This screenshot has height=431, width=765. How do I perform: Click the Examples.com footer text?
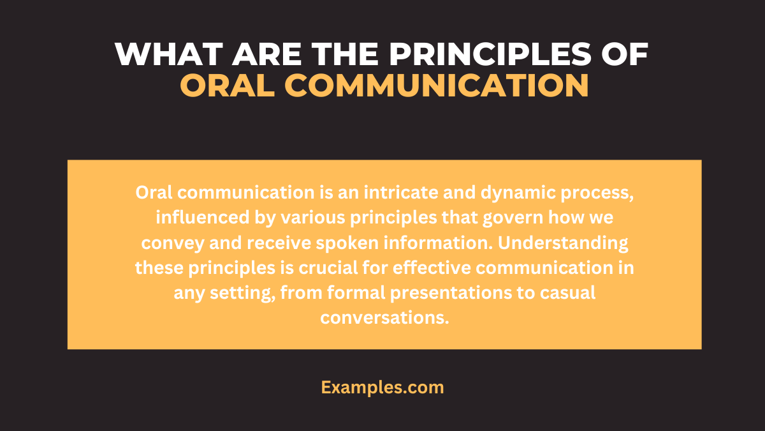(x=382, y=387)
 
